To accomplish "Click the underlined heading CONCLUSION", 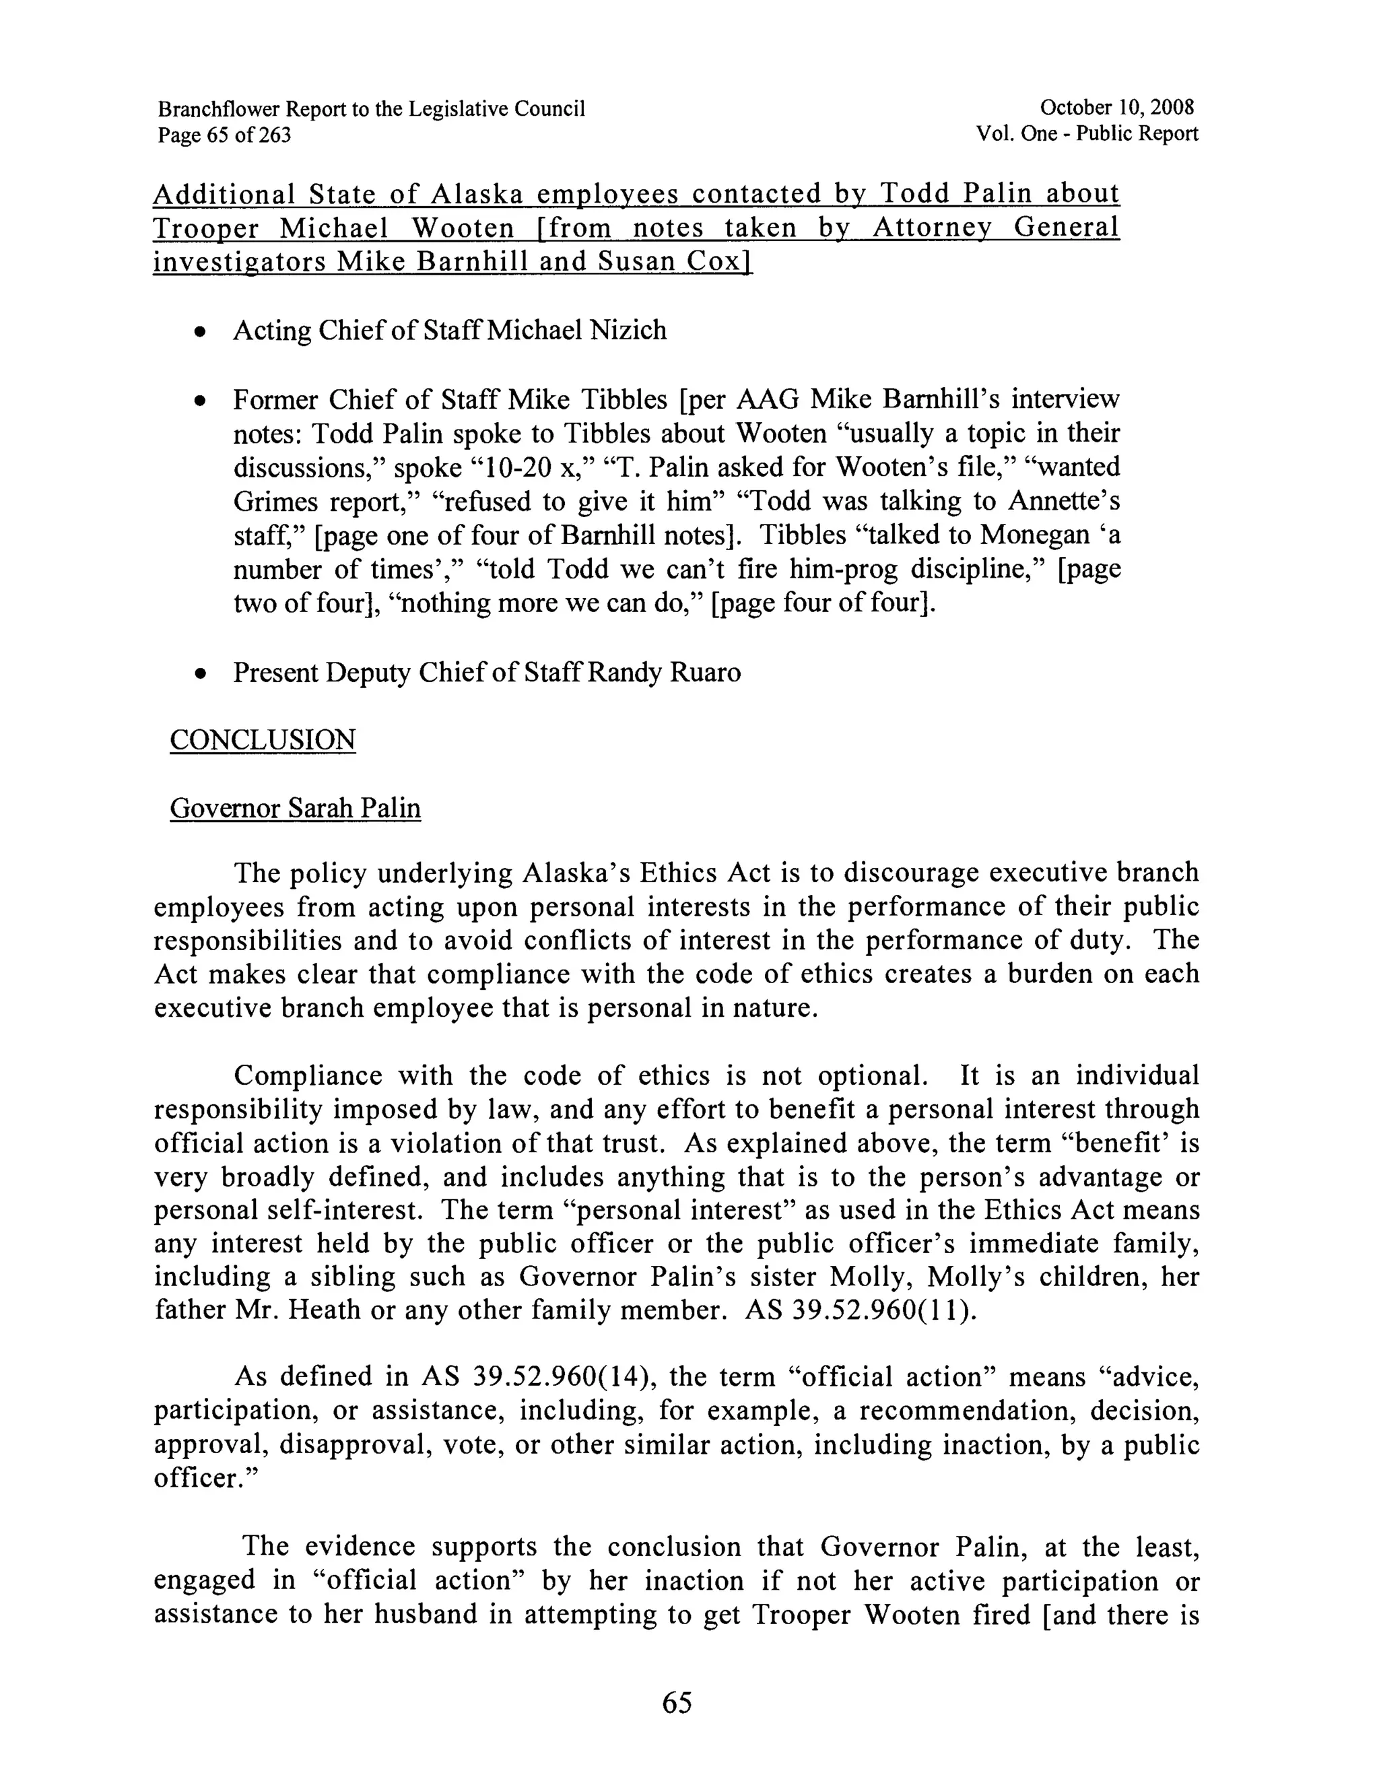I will point(263,739).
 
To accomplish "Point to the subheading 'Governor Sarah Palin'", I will point(295,808).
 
